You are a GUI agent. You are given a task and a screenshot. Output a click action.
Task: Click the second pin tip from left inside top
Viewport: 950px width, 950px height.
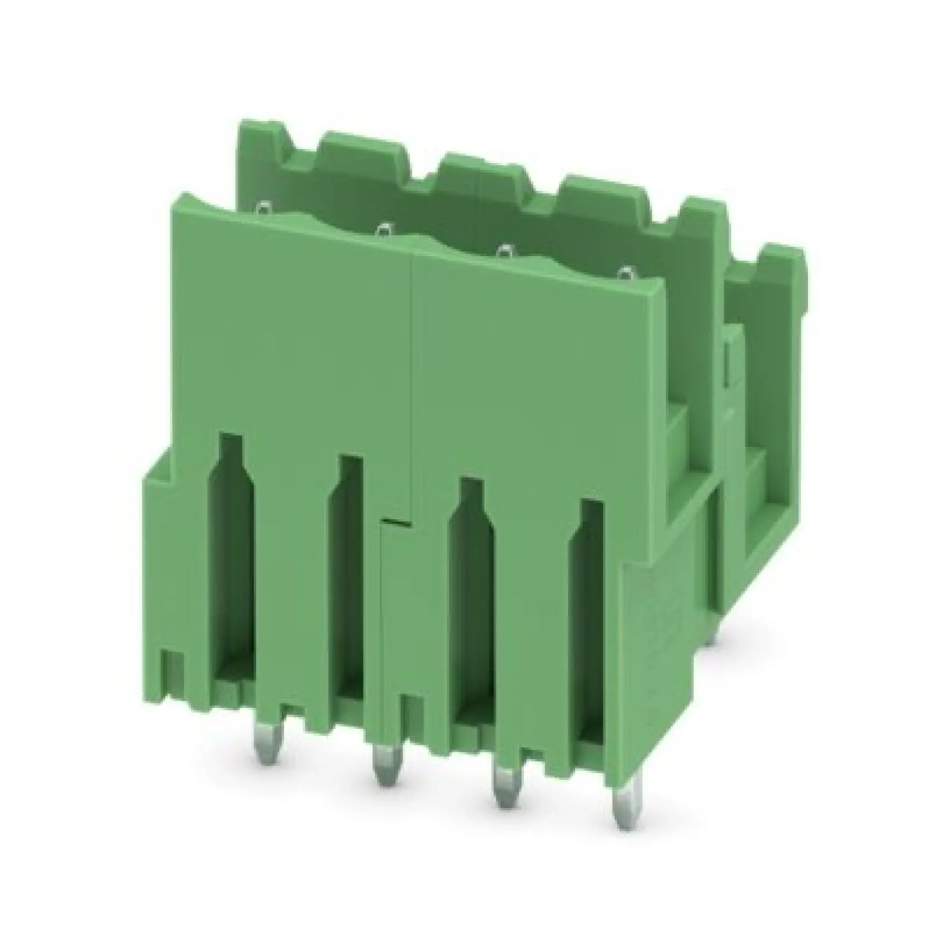tap(385, 229)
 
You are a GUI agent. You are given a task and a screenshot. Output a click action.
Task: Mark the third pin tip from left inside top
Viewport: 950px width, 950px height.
tap(504, 252)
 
